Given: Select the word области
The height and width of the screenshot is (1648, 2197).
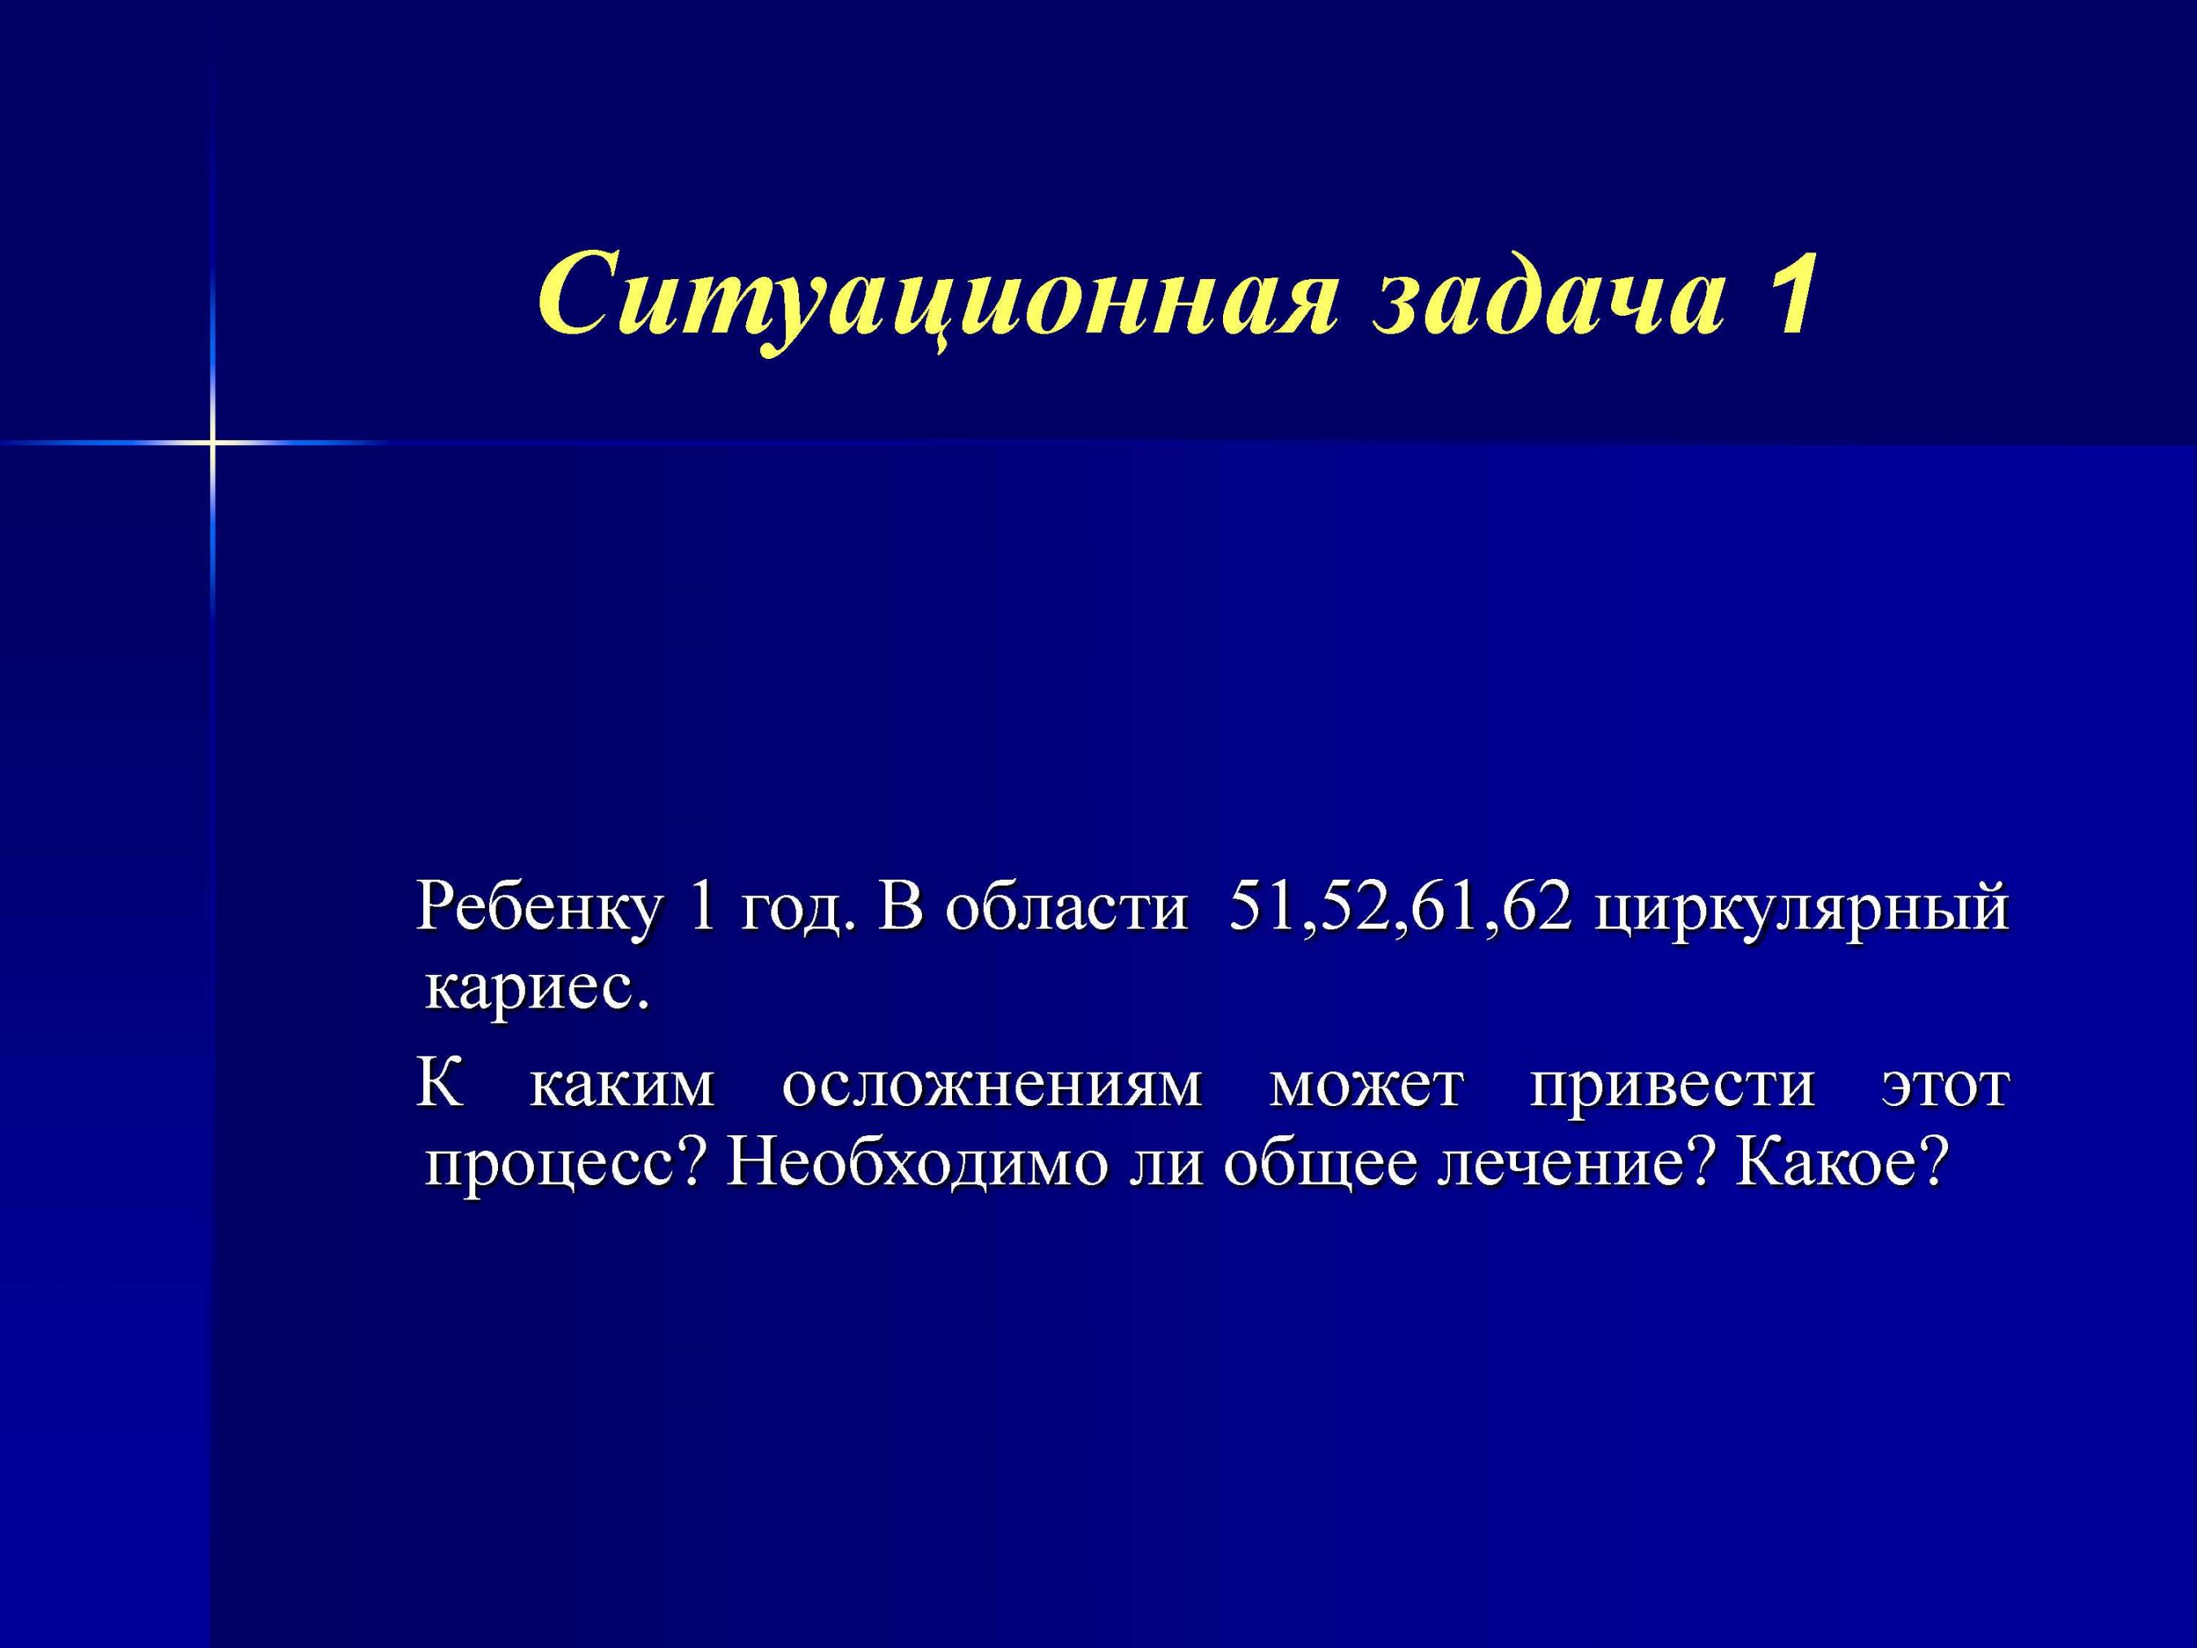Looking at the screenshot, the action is tap(1066, 907).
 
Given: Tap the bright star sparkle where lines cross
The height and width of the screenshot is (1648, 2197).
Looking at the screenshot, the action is tap(212, 440).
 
